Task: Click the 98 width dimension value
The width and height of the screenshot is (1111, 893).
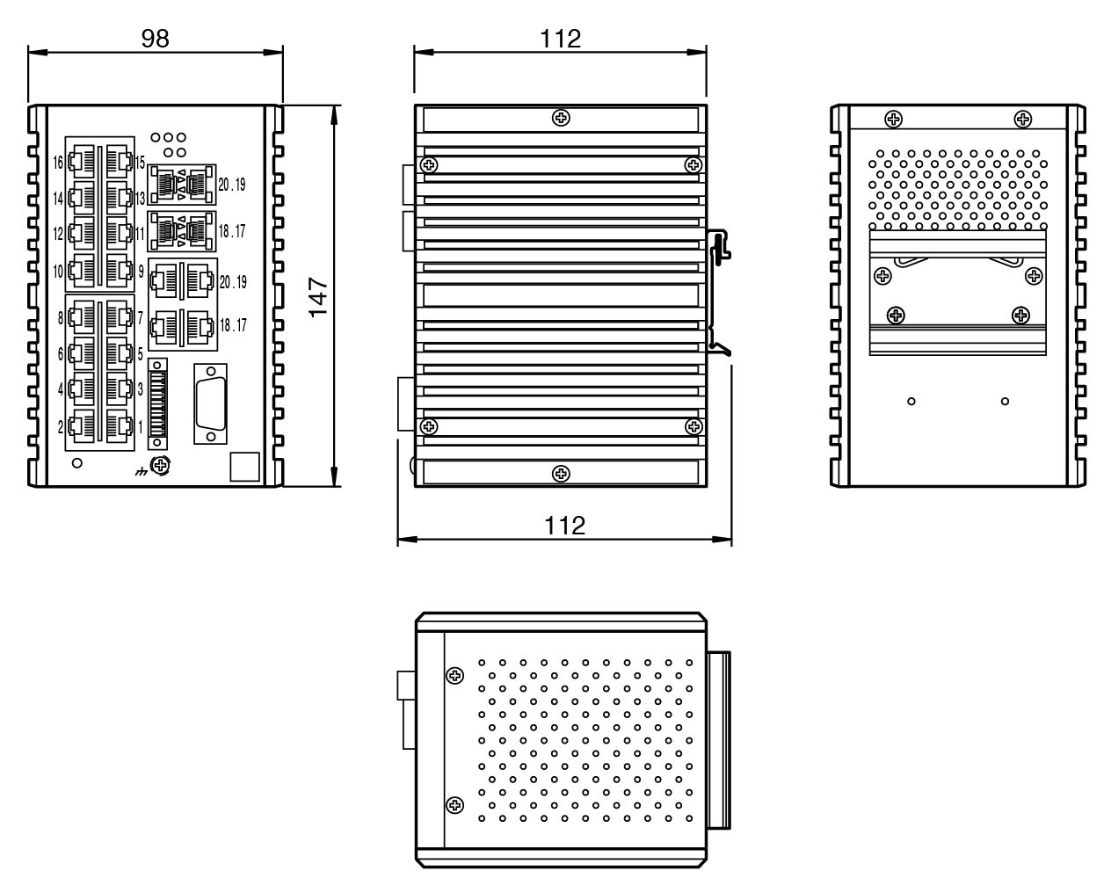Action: (155, 38)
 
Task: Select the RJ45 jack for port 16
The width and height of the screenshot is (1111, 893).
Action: (82, 163)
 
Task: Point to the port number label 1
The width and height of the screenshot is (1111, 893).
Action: (141, 427)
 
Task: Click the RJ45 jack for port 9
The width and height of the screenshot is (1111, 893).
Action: (118, 270)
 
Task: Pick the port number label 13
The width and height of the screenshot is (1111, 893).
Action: (141, 199)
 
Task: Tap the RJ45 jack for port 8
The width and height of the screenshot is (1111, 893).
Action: (82, 317)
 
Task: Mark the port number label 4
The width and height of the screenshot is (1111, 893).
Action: (60, 388)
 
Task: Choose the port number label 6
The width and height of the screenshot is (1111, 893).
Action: (60, 353)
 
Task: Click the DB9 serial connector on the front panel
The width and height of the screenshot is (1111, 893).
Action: (210, 403)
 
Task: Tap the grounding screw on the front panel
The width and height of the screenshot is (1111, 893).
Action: (160, 465)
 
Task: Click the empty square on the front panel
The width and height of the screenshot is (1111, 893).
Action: (245, 467)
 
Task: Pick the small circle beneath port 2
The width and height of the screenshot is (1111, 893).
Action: (77, 463)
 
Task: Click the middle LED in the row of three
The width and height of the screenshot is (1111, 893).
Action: (169, 137)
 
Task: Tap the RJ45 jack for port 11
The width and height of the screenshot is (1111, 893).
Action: (118, 234)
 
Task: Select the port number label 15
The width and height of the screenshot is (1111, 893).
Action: (141, 163)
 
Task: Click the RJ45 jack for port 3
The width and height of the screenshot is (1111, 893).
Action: (118, 388)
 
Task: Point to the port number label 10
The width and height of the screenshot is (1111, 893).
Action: (59, 272)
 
